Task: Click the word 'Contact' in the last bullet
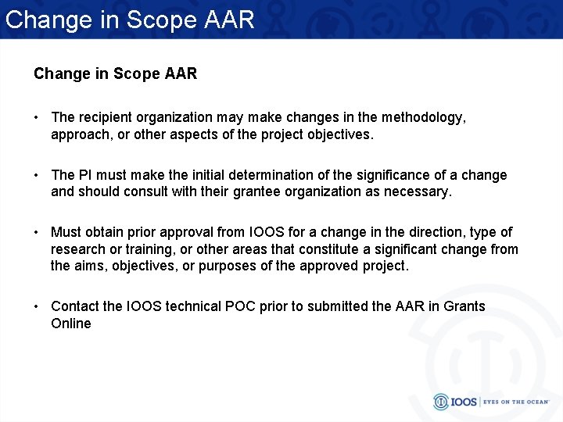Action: [75, 306]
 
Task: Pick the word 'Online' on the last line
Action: [71, 324]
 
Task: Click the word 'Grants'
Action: [464, 306]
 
